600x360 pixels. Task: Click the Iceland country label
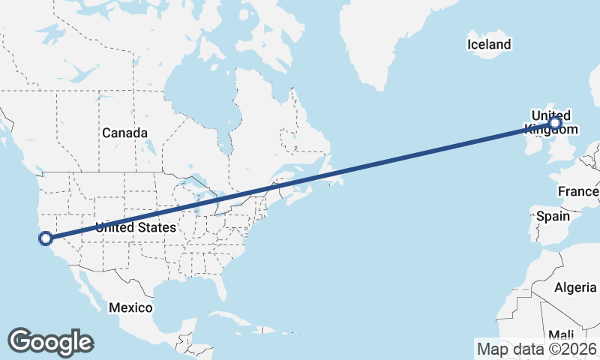click(489, 44)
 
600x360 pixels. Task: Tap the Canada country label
click(124, 133)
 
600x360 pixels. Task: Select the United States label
click(136, 227)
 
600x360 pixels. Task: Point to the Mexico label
click(130, 307)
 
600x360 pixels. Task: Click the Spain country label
click(553, 217)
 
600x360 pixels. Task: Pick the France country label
click(578, 192)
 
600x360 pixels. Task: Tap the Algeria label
click(575, 287)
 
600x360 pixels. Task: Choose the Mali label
click(562, 334)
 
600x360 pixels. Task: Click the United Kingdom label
click(550, 122)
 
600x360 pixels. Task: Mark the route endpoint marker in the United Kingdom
click(555, 123)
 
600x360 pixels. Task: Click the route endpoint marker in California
click(45, 238)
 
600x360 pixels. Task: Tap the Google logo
click(50, 341)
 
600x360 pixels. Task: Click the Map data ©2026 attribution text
click(537, 349)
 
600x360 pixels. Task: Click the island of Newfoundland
click(329, 177)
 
